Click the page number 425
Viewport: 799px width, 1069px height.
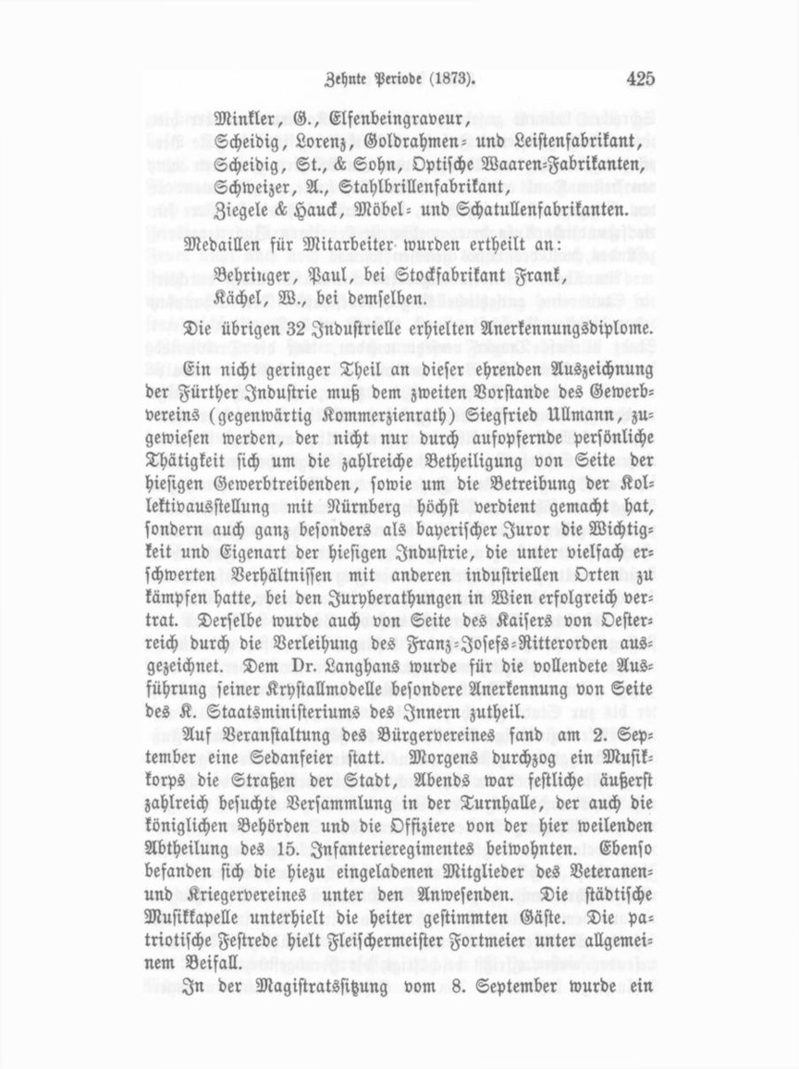pyautogui.click(x=640, y=79)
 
